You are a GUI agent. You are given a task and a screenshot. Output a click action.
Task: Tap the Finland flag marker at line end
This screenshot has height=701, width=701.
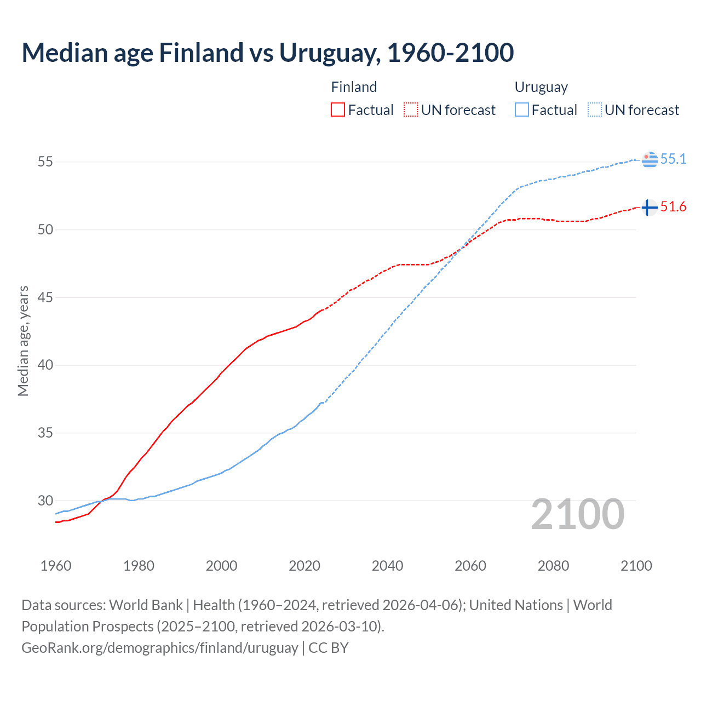[649, 208]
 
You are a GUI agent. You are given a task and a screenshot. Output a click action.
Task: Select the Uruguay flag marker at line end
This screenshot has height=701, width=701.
[649, 159]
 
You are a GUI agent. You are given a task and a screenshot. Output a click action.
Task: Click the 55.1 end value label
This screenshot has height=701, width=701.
[673, 159]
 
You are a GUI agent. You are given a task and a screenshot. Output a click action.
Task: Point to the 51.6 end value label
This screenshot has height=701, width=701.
[673, 206]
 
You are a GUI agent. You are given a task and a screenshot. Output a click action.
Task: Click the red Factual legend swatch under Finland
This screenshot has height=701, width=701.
[338, 110]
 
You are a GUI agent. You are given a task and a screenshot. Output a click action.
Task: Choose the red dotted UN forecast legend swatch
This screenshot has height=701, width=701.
[411, 110]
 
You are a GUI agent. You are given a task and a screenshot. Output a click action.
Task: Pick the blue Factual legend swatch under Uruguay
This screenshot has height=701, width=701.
[522, 110]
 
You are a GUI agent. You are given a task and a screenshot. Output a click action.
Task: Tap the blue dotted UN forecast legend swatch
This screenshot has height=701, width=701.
[595, 110]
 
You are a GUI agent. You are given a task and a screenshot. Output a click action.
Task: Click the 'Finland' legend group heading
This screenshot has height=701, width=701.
[354, 87]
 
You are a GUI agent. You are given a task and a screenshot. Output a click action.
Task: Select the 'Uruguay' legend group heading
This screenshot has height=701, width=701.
[541, 87]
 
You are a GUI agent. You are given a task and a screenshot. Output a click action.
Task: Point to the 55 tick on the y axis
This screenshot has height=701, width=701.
[45, 162]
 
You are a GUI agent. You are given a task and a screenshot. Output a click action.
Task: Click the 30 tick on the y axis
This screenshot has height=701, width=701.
[45, 501]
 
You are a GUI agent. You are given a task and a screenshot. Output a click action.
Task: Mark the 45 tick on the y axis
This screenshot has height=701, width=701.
[45, 297]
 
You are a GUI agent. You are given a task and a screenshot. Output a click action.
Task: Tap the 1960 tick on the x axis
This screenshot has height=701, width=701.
[56, 566]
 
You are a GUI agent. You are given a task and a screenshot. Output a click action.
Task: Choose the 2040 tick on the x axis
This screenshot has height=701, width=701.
[387, 566]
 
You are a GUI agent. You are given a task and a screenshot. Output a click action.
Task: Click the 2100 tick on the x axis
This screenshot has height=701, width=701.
[636, 566]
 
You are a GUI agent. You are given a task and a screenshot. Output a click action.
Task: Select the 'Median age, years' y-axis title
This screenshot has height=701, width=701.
[23, 341]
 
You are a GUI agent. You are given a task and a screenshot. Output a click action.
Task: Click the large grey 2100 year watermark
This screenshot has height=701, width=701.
[578, 514]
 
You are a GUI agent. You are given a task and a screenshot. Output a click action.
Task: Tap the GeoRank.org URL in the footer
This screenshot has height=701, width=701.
[159, 647]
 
